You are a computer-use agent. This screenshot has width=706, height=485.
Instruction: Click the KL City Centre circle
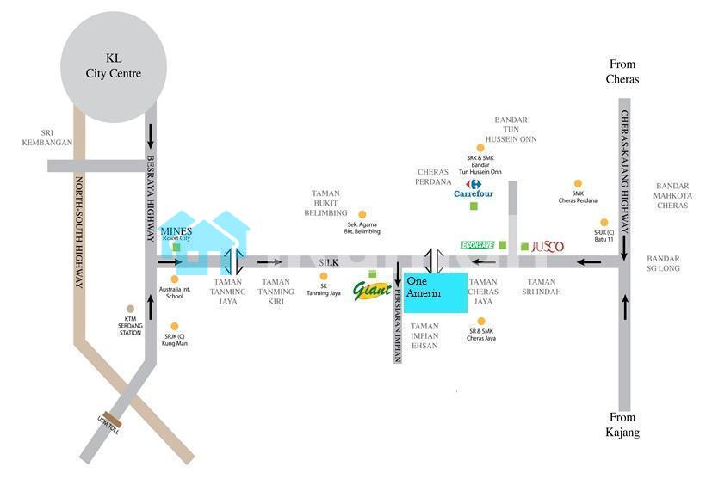coord(113,66)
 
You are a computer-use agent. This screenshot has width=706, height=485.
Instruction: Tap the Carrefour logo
coord(474,189)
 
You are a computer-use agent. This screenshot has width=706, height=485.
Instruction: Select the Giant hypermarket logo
coord(372,289)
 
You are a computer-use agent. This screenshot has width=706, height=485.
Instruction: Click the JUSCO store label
coord(547,247)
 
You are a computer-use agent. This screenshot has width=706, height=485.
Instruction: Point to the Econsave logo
coord(478,245)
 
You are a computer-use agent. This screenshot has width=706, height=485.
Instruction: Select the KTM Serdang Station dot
coord(130,309)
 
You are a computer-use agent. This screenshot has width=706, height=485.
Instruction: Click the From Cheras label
coord(623,72)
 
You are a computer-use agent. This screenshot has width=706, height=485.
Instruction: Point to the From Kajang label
coord(623,425)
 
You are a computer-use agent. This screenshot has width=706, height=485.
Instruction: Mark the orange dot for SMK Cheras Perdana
coord(578,183)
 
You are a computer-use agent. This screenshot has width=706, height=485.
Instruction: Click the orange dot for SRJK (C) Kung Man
coord(175,326)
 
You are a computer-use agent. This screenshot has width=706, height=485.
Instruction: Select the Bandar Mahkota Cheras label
coord(672,196)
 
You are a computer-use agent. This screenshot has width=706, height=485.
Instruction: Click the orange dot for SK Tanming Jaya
coord(325,277)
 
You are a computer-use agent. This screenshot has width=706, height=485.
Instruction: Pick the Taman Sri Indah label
coord(542,287)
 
